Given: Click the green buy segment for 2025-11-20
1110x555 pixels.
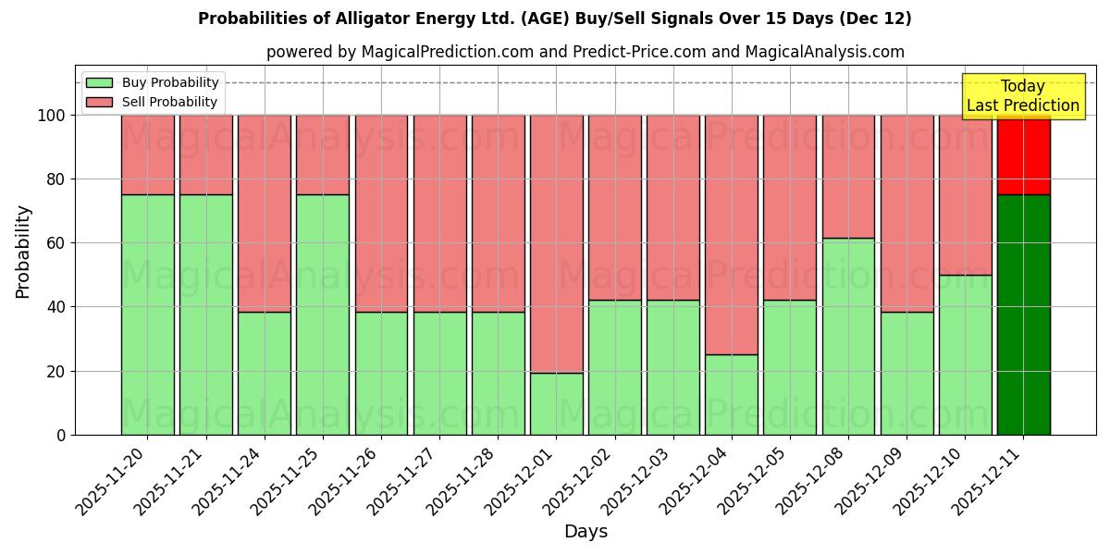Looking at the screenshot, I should pos(147,314).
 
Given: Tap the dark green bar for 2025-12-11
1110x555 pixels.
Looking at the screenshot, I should pos(1024,314).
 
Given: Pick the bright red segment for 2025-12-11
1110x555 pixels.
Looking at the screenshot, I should pos(1024,155).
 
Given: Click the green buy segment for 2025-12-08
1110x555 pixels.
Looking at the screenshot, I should pos(848,337).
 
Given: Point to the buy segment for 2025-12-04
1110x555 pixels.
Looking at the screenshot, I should pos(732,395).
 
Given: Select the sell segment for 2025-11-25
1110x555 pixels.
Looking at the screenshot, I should pos(323,154).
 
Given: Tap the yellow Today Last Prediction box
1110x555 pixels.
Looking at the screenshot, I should pos(1023,96).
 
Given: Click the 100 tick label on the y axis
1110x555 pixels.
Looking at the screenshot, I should pos(52,116).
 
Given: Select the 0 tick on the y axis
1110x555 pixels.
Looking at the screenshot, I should pos(61,435).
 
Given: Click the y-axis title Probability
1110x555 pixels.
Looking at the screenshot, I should pos(23,252).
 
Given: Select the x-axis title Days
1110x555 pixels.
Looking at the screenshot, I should pos(586,532).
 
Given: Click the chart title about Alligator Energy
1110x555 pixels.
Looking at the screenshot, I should pos(555,18).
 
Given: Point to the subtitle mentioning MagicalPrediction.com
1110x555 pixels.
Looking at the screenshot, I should pos(586,52).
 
